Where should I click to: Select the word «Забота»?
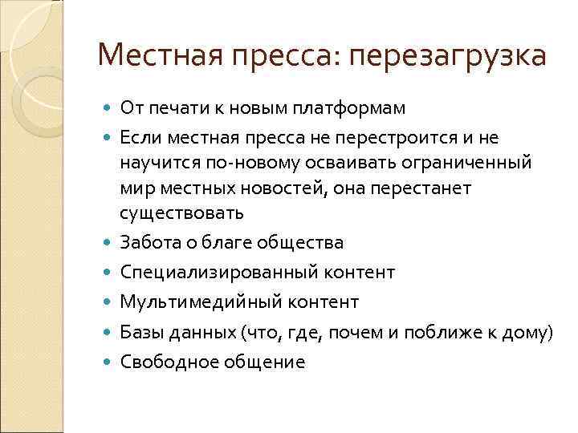[149, 241]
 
